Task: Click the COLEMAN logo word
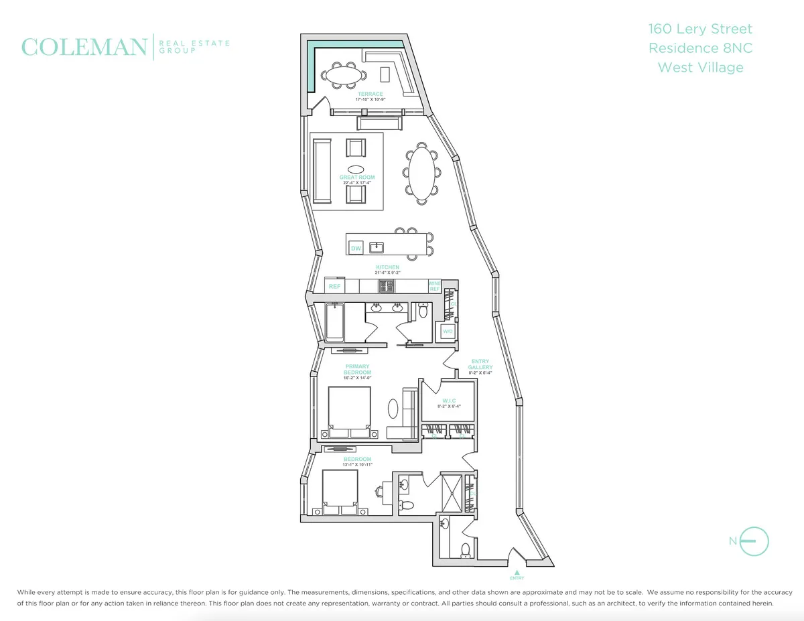pos(84,47)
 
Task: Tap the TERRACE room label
pos(370,94)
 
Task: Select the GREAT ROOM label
pos(357,178)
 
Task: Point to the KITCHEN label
pos(387,267)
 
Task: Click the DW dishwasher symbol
pos(356,249)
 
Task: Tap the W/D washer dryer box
pos(447,331)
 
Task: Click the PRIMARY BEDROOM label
pos(357,370)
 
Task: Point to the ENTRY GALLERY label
pos(480,365)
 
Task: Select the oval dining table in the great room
pos(421,174)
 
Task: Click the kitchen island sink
pos(377,247)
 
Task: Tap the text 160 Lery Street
pos(700,29)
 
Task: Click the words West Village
pos(700,67)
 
